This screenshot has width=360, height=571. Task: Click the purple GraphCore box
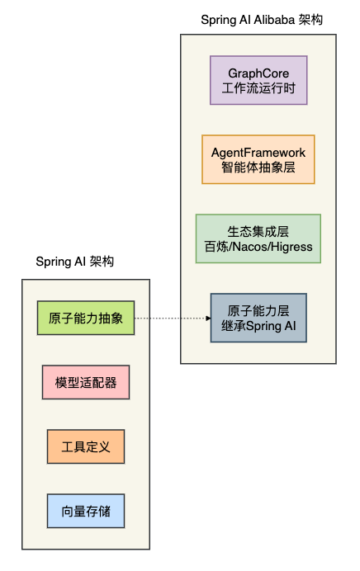258,80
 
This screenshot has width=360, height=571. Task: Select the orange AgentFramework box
258,159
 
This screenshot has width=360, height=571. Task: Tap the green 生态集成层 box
258,238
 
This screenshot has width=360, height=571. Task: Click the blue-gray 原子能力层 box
258,318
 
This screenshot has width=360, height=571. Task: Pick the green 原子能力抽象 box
85,318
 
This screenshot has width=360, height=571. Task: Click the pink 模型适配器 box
85,384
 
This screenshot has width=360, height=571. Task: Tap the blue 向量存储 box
85,512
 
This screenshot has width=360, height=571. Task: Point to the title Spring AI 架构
75,262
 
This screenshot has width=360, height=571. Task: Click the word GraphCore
258,73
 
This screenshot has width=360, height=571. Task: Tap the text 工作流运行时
258,87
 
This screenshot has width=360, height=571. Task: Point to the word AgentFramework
258,152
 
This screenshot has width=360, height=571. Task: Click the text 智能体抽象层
258,167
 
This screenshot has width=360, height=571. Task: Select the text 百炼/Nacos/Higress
258,246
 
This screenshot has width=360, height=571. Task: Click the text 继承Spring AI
258,326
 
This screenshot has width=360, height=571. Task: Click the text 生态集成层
258,231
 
